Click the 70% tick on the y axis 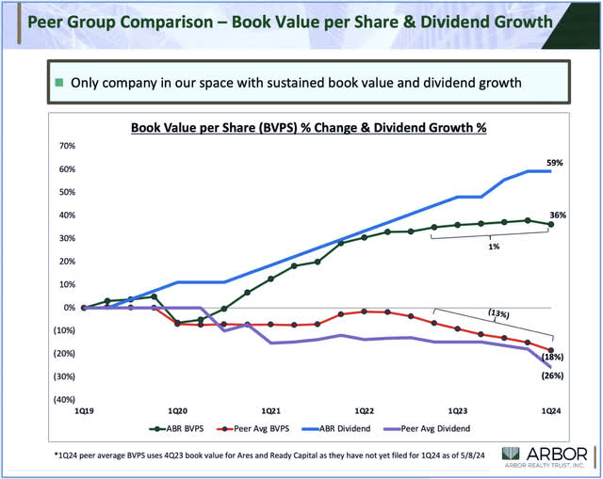point(65,147)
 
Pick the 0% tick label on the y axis point(69,308)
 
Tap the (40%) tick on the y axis point(61,399)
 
